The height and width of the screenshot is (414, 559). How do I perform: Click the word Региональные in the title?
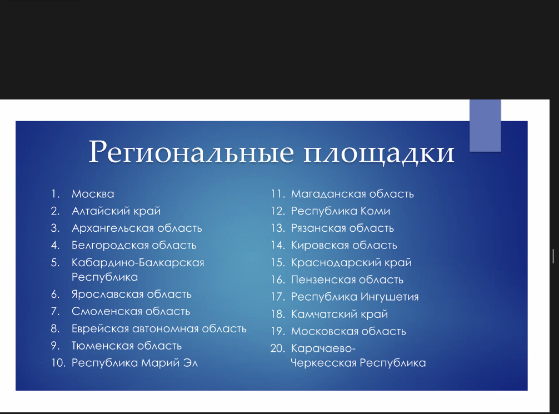tap(191, 152)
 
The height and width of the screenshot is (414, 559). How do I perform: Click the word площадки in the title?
tap(379, 153)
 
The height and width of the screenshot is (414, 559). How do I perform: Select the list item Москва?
tap(93, 194)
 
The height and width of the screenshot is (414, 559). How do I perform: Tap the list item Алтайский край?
tap(116, 211)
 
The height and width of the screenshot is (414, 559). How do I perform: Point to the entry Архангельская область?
tap(137, 228)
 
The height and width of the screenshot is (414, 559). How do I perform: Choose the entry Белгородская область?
tap(134, 245)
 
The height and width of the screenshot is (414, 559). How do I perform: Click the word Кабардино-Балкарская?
tap(138, 263)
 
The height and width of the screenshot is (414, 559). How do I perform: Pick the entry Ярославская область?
tap(132, 294)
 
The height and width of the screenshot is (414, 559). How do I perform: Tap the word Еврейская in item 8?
tap(100, 329)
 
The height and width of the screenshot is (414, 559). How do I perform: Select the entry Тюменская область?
tap(127, 346)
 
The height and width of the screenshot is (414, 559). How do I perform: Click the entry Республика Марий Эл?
tap(135, 363)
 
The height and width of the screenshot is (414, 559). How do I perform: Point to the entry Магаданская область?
tap(352, 194)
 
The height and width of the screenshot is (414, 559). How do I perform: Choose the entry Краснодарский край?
tap(351, 263)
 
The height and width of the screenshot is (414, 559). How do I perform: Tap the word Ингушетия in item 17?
tap(390, 297)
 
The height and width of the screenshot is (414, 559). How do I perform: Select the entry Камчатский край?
tap(340, 314)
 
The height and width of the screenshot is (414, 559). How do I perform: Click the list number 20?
tap(278, 348)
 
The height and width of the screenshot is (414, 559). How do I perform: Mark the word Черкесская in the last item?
tap(323, 363)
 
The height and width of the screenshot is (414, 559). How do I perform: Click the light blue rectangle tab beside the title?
tap(485, 126)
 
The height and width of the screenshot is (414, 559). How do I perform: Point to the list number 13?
tap(278, 228)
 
